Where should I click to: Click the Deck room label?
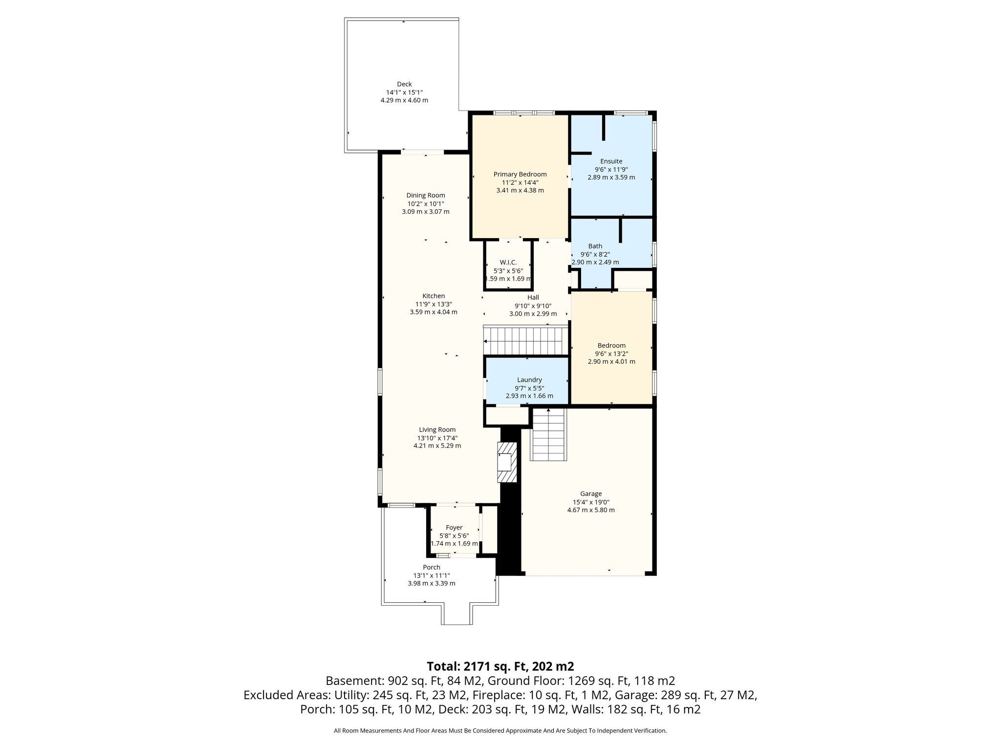pos(404,84)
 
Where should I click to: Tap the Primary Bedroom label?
pos(520,174)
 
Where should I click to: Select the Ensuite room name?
pos(611,161)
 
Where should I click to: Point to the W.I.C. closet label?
pos(508,263)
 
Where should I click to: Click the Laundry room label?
pos(529,380)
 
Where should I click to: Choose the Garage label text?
pos(591,494)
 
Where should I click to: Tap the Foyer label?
pos(454,528)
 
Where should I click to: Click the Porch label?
pos(432,567)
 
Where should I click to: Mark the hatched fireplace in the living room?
pos(507,463)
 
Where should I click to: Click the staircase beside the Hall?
pos(526,340)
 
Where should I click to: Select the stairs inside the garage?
pos(548,434)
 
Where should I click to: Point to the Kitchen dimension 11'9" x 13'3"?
pos(434,304)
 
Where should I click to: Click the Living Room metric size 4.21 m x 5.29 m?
pos(437,446)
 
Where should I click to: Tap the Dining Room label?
pos(426,196)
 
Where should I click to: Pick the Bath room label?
pos(595,246)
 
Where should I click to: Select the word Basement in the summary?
pos(355,681)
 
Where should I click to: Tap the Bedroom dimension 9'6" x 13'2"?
pos(611,353)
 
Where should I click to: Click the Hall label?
pos(533,297)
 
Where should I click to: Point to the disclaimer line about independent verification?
pos(500,731)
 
